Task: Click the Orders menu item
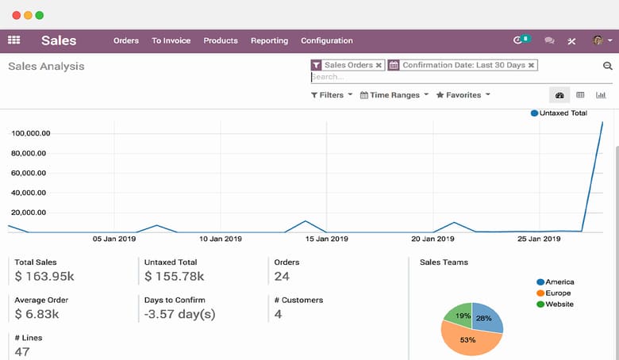[125, 40]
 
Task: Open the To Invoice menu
[171, 40]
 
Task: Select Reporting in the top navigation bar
[269, 40]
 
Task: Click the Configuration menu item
[326, 40]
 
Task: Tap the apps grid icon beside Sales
[13, 40]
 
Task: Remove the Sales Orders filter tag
[379, 65]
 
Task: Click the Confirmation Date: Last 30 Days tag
[463, 65]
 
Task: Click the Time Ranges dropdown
[394, 95]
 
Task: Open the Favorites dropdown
[463, 95]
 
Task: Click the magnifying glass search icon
[608, 67]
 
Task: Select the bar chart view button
[601, 95]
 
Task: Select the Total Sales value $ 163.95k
[44, 277]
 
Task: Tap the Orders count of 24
[282, 277]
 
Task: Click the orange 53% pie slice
[468, 342]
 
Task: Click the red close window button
[16, 15]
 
